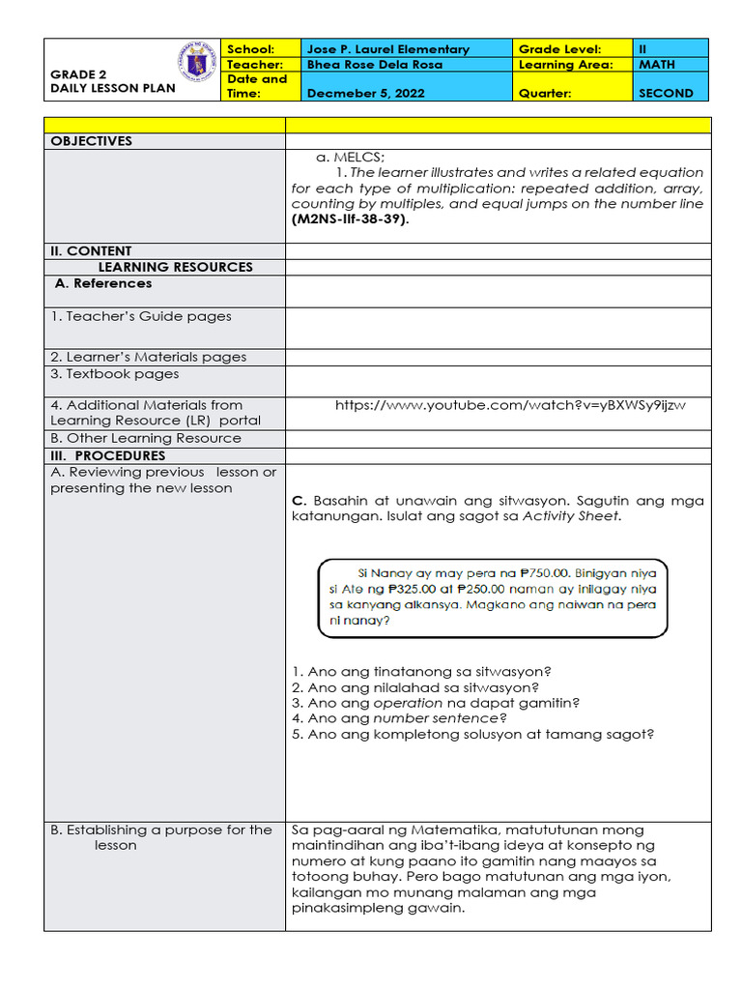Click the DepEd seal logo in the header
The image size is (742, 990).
(198, 64)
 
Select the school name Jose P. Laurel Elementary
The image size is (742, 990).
(387, 49)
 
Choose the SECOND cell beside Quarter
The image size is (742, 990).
(666, 94)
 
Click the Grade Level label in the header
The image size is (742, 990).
(559, 49)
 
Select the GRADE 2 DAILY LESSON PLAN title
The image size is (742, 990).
(112, 81)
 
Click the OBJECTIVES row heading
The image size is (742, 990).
(91, 141)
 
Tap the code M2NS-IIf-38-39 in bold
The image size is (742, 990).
(350, 219)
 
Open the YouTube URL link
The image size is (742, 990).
(510, 405)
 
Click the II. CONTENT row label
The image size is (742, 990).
(91, 251)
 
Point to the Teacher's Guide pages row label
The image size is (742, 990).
(141, 316)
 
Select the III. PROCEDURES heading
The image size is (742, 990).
(107, 455)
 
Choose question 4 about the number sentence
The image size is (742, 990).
(399, 718)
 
